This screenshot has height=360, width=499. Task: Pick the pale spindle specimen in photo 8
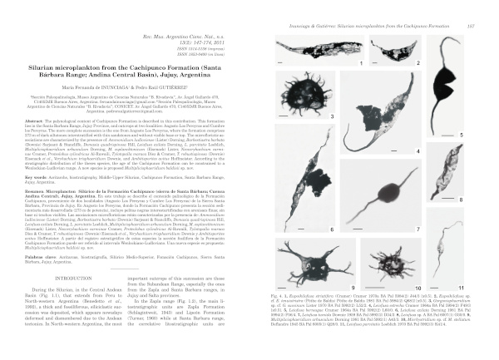461,178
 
